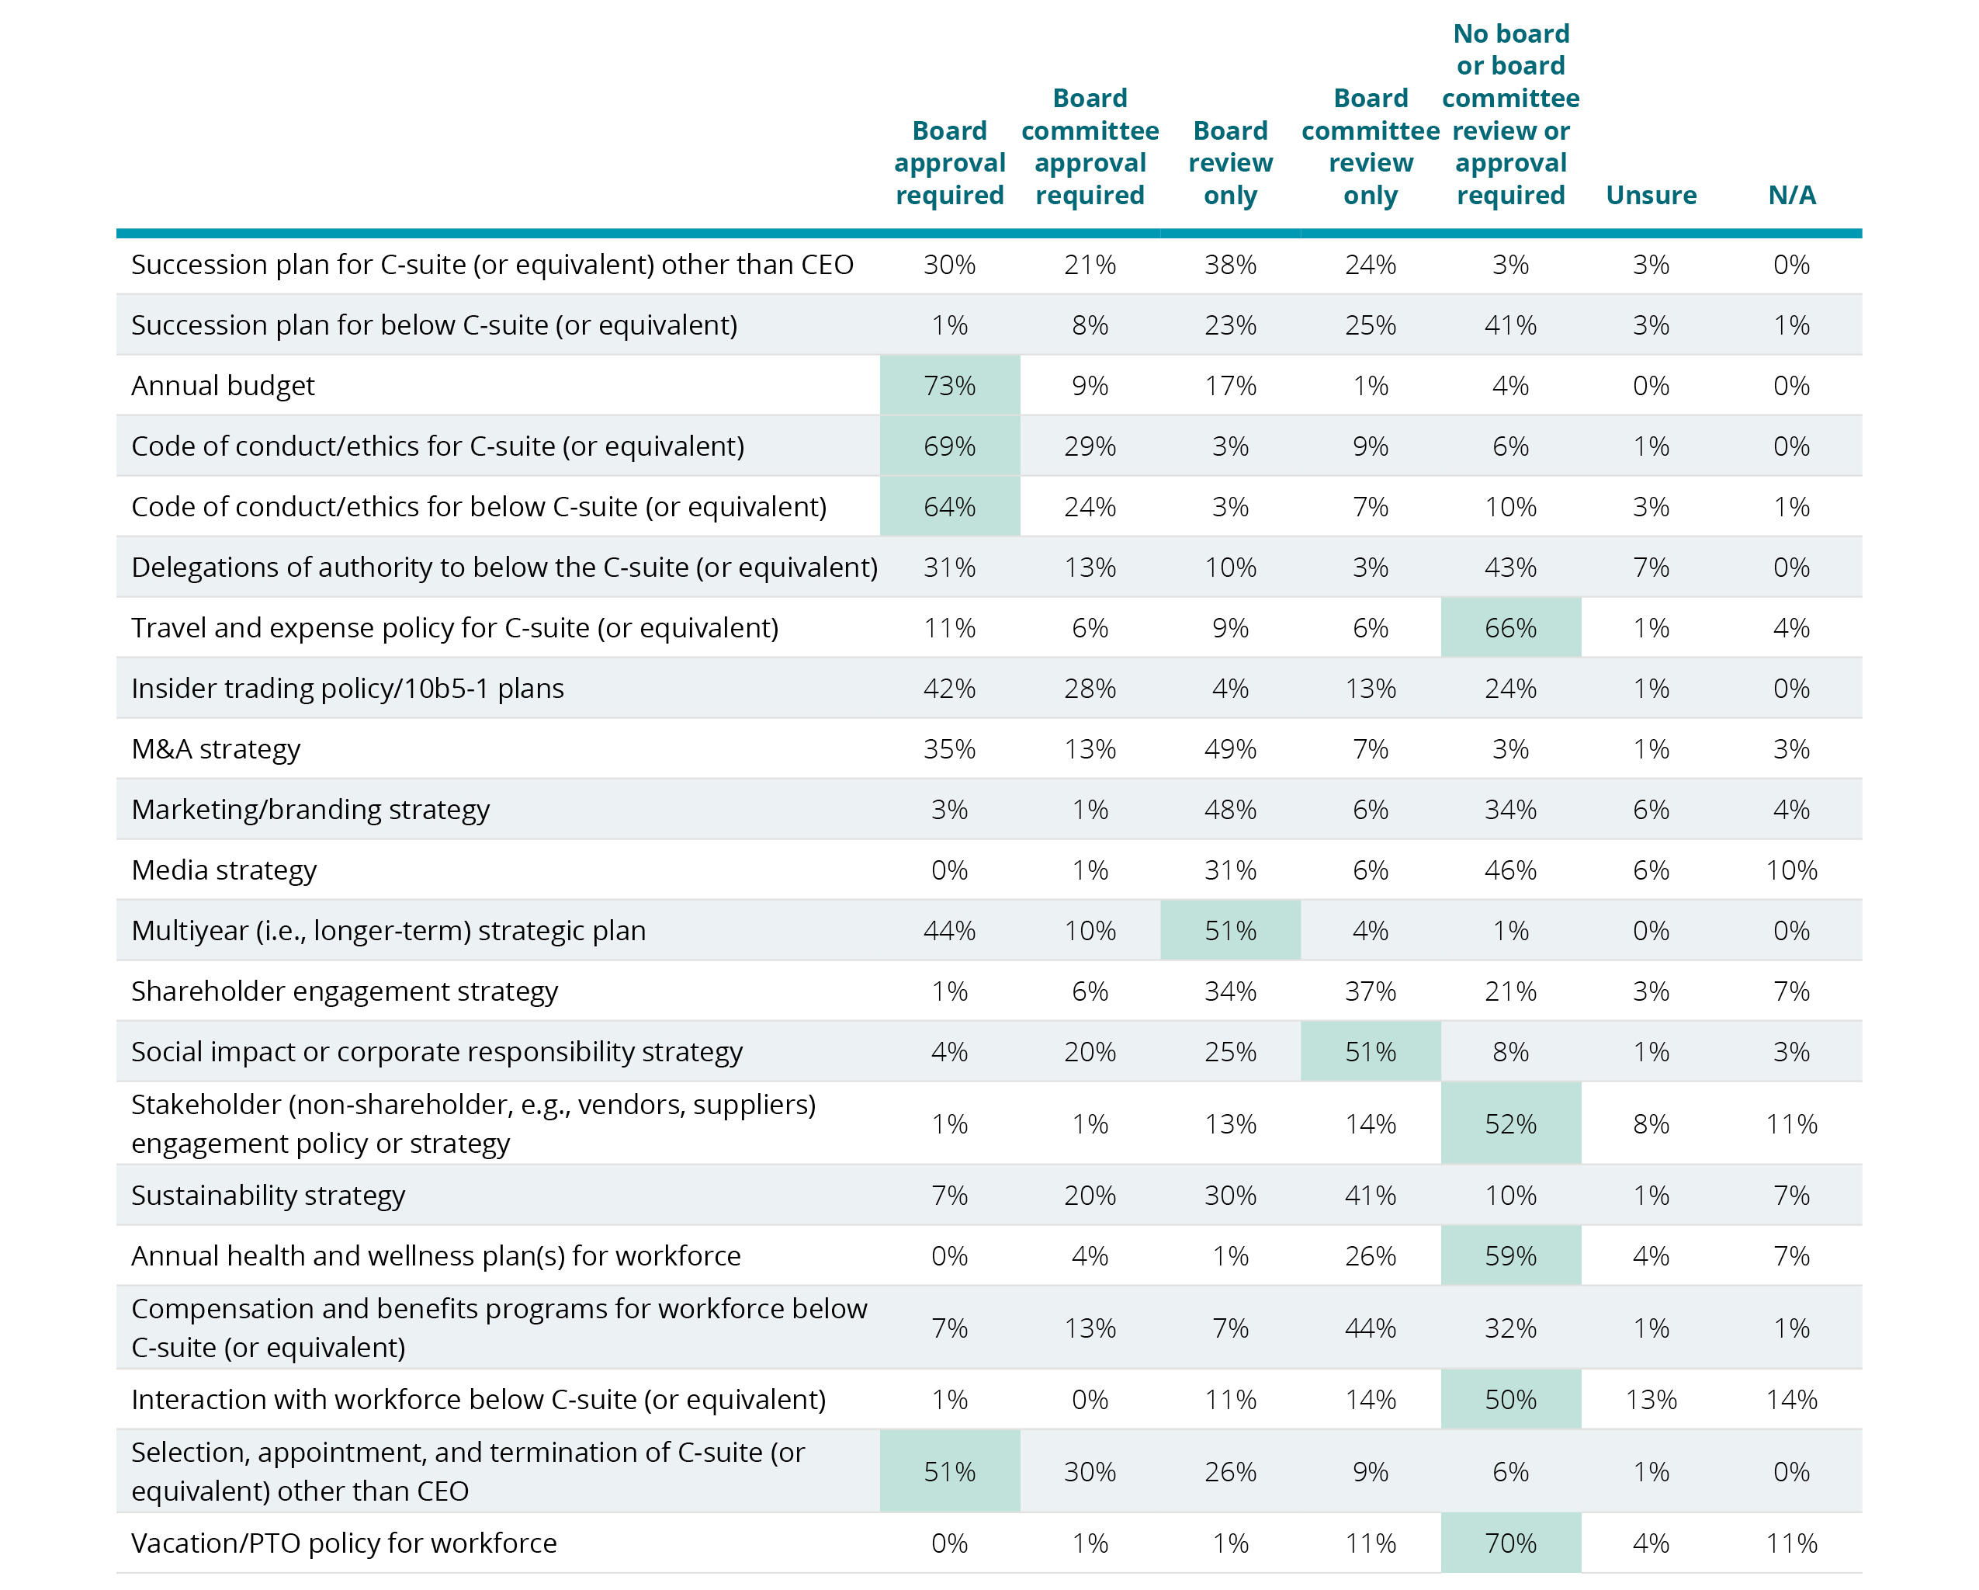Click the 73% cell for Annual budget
(x=949, y=386)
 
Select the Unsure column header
(x=1651, y=195)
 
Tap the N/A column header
(x=1791, y=195)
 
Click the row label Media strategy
(x=224, y=870)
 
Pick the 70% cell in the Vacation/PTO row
(x=1510, y=1543)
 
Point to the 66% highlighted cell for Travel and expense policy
(x=1510, y=628)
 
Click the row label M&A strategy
(x=216, y=749)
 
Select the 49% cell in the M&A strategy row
(x=1230, y=749)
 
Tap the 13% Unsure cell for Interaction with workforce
(x=1651, y=1399)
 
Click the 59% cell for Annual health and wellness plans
(x=1510, y=1256)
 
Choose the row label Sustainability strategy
(x=268, y=1196)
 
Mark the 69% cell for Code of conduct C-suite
(x=949, y=446)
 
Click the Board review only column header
(x=1230, y=162)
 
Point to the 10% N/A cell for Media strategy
(x=1791, y=870)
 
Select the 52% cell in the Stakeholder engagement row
(x=1510, y=1123)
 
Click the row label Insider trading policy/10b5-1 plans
(x=347, y=689)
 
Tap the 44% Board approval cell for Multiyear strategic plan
(x=949, y=931)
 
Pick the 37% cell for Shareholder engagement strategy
(x=1370, y=991)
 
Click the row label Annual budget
(x=223, y=386)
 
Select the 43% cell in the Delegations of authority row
(x=1510, y=568)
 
